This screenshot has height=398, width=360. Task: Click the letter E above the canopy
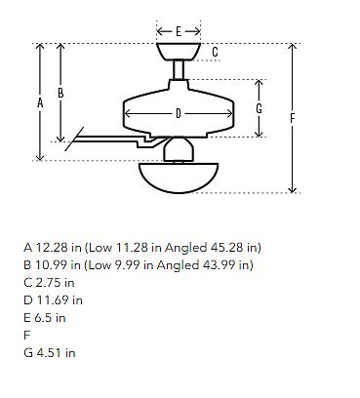point(179,31)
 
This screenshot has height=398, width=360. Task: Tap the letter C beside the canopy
point(215,52)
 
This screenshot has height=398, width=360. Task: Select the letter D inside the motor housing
point(179,114)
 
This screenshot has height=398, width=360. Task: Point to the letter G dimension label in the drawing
point(259,108)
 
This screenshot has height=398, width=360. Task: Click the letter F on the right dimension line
point(292,118)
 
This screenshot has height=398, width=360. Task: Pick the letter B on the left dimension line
point(60,93)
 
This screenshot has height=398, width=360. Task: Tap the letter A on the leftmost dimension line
point(40,102)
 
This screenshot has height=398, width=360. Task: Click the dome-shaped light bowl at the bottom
point(179,178)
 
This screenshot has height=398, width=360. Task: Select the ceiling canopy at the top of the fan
point(179,52)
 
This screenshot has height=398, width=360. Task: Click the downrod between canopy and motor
point(179,70)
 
